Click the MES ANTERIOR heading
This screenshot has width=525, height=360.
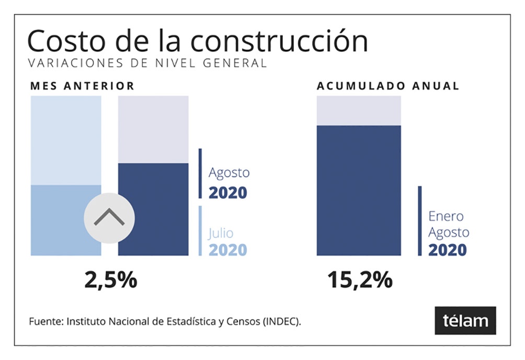coord(82,86)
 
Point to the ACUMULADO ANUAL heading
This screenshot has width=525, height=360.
coord(388,86)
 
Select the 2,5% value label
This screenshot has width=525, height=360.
coord(110,280)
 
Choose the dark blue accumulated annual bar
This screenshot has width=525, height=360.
coord(359,190)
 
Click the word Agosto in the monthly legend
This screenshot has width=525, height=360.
coord(229,172)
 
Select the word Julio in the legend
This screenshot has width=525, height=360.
coord(221,233)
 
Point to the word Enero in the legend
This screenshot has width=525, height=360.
coord(446,216)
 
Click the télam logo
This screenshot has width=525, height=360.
coord(465,320)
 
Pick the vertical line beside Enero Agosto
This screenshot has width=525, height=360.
coord(419,221)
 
